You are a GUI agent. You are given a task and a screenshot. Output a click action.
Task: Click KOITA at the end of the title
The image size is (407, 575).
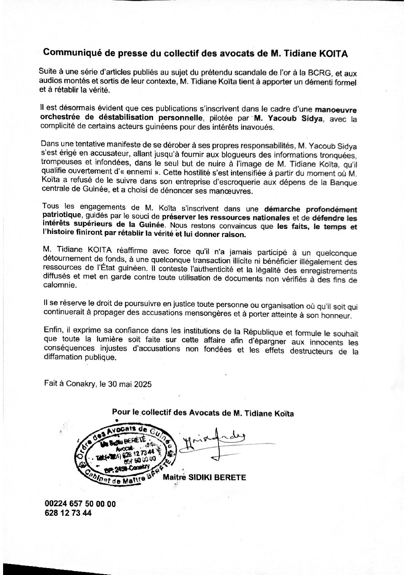point(334,54)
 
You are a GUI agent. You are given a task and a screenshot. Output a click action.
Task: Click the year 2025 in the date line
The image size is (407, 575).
point(142,383)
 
